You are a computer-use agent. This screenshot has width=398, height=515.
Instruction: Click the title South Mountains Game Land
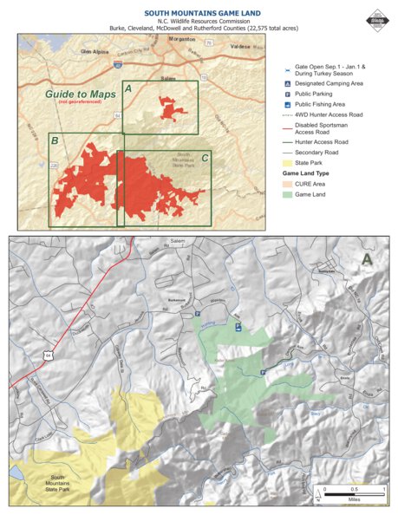click(199, 13)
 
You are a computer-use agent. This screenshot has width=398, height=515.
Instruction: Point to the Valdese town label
click(236, 49)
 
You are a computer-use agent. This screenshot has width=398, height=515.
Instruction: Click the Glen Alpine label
click(96, 51)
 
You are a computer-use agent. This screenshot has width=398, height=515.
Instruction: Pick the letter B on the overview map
click(55, 140)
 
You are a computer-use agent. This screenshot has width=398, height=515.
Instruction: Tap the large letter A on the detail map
click(367, 257)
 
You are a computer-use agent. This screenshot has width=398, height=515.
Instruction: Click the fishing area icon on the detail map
click(238, 327)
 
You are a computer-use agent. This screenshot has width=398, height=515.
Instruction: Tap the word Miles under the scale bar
click(354, 499)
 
